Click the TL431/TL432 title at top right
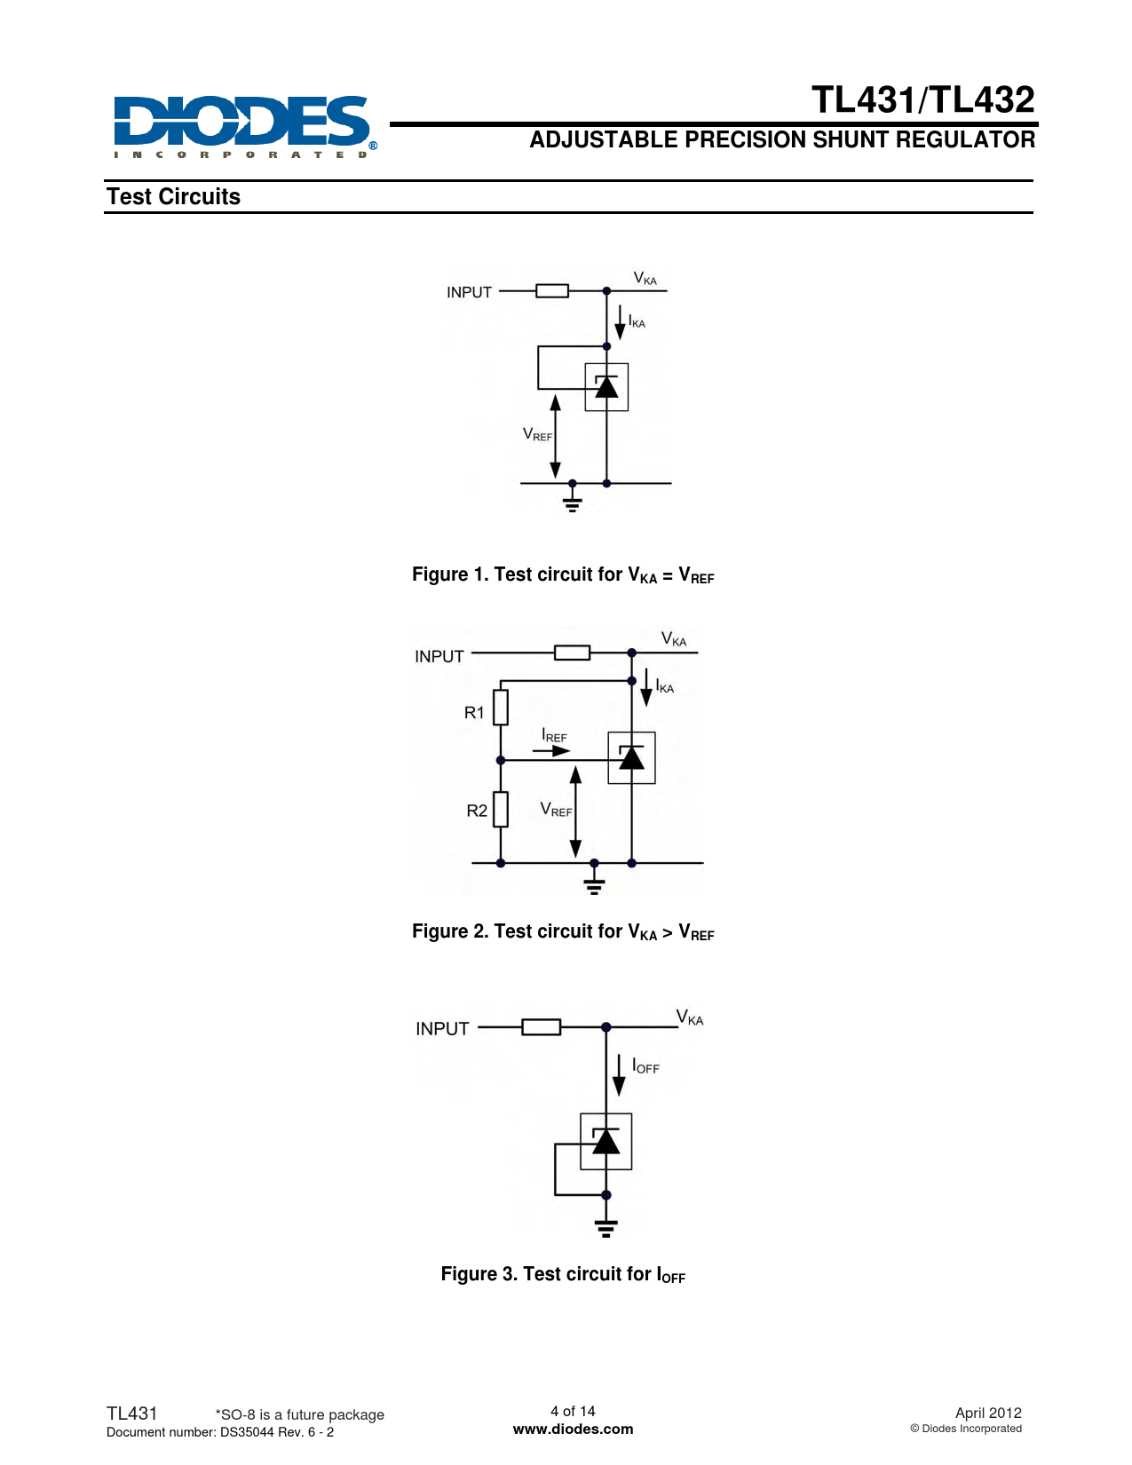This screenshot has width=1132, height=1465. (922, 99)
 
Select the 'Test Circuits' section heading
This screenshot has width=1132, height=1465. (173, 196)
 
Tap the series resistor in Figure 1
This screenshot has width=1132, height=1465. (552, 290)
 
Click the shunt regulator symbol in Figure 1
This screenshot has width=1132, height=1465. (606, 387)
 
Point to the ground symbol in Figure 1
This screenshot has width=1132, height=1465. (573, 503)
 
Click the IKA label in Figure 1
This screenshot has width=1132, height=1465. (637, 321)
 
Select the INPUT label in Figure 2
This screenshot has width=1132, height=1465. (439, 656)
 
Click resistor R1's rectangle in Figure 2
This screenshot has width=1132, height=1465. (501, 708)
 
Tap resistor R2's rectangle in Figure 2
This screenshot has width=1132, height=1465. (501, 809)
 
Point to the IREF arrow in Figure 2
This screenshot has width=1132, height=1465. (551, 751)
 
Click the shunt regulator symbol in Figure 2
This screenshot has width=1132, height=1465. (631, 757)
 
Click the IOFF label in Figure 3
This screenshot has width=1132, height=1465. (645, 1066)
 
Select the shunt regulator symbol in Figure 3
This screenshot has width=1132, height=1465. (606, 1141)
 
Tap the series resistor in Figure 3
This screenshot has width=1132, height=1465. (541, 1027)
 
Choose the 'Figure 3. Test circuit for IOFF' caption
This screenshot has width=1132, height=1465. (563, 1274)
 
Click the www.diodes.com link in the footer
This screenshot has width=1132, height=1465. (573, 1429)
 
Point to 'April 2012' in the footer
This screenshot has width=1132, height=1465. (987, 1413)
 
